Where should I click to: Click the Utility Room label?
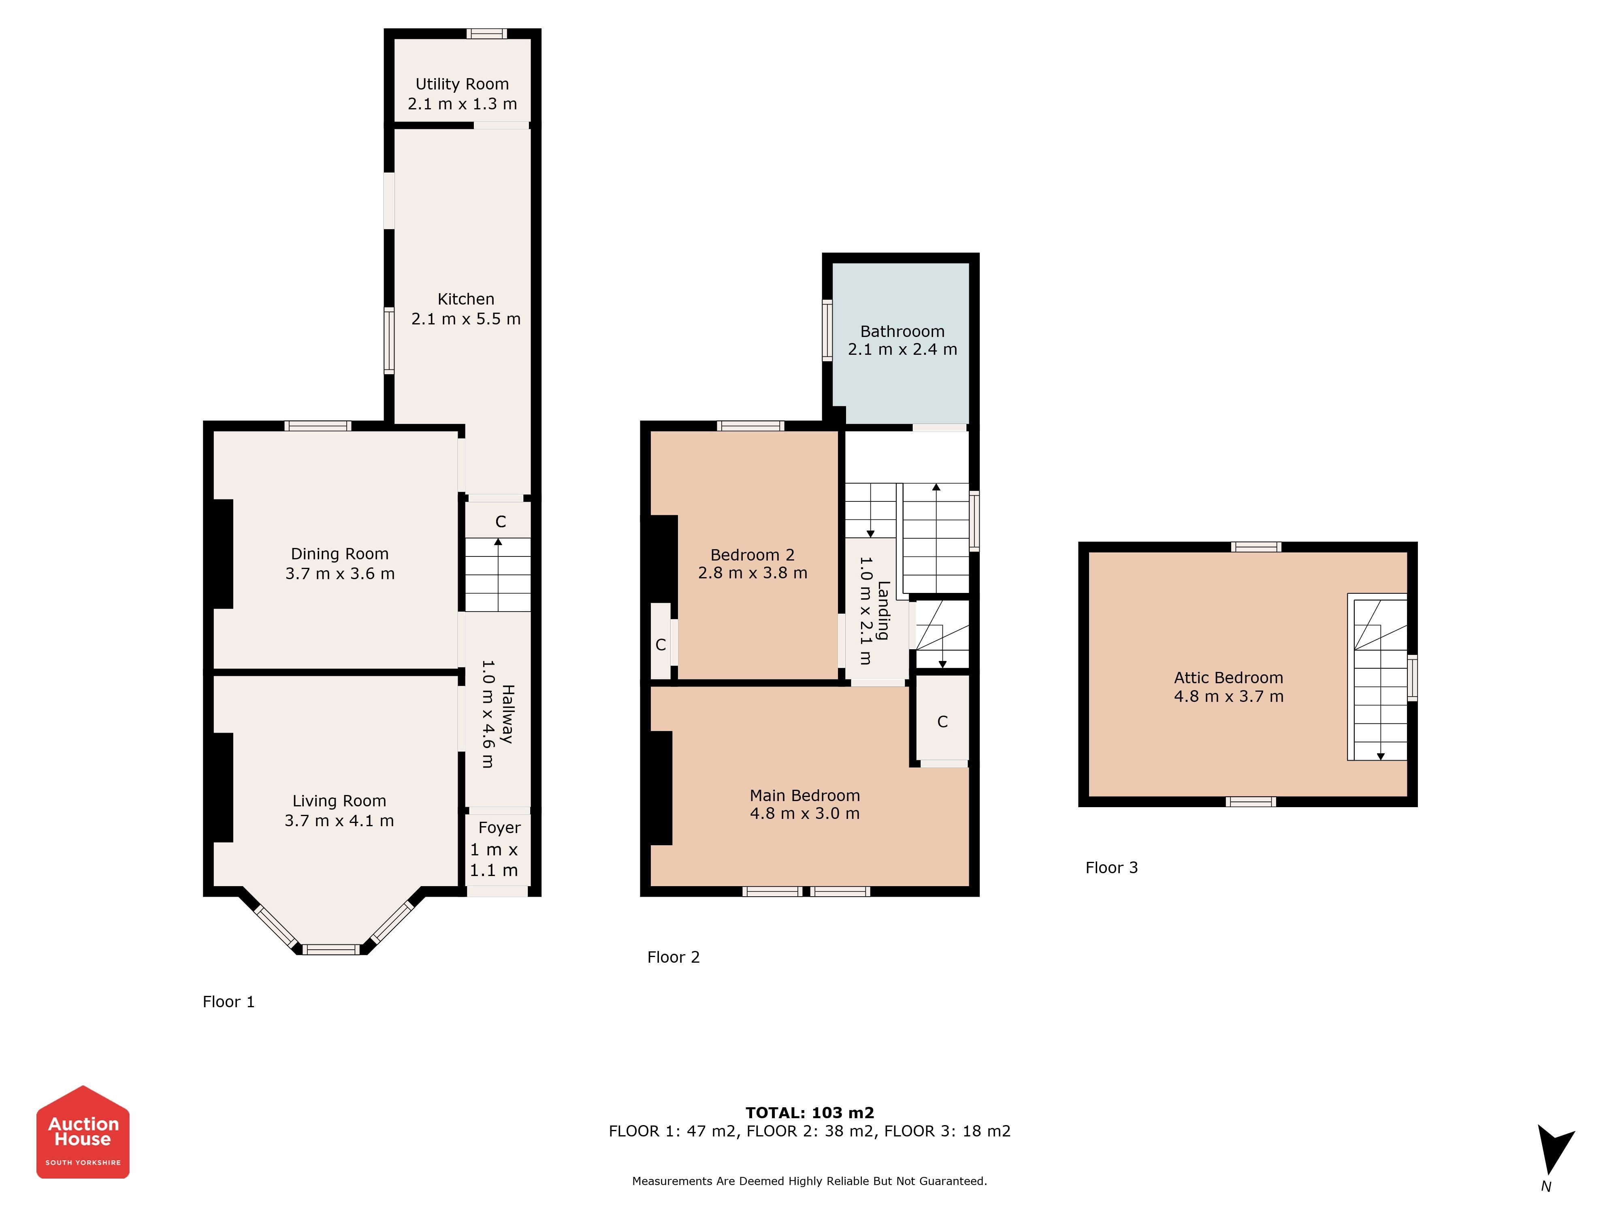point(462,84)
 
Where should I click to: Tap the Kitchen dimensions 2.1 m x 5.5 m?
point(466,319)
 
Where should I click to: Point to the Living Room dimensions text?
point(339,821)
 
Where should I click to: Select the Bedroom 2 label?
point(752,555)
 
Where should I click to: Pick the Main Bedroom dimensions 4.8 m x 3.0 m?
point(805,814)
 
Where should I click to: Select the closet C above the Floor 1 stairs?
point(501,522)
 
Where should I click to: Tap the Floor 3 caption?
point(1112,868)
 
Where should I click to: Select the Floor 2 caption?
point(674,957)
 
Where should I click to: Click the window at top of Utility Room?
point(487,34)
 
